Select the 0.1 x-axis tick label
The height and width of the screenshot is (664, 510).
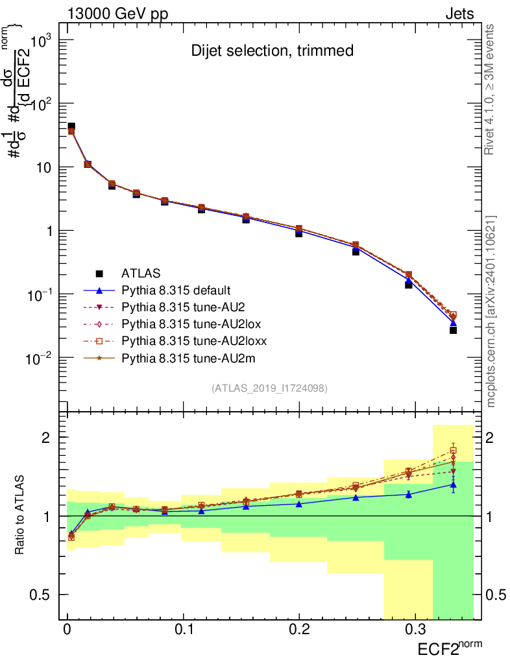coord(184,629)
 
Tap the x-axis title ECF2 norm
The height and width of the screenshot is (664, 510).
coord(447,646)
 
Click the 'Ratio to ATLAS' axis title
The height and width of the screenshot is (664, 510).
coord(21,516)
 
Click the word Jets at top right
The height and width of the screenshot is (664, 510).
coord(459,14)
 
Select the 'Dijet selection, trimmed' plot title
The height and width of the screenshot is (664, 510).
coord(272,51)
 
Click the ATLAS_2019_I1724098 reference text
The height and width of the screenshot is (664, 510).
coord(269,388)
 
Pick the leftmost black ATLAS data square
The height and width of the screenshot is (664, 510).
coord(71,126)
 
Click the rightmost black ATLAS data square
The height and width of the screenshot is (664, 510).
coord(453,330)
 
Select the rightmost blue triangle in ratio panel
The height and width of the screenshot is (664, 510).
coord(453,484)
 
